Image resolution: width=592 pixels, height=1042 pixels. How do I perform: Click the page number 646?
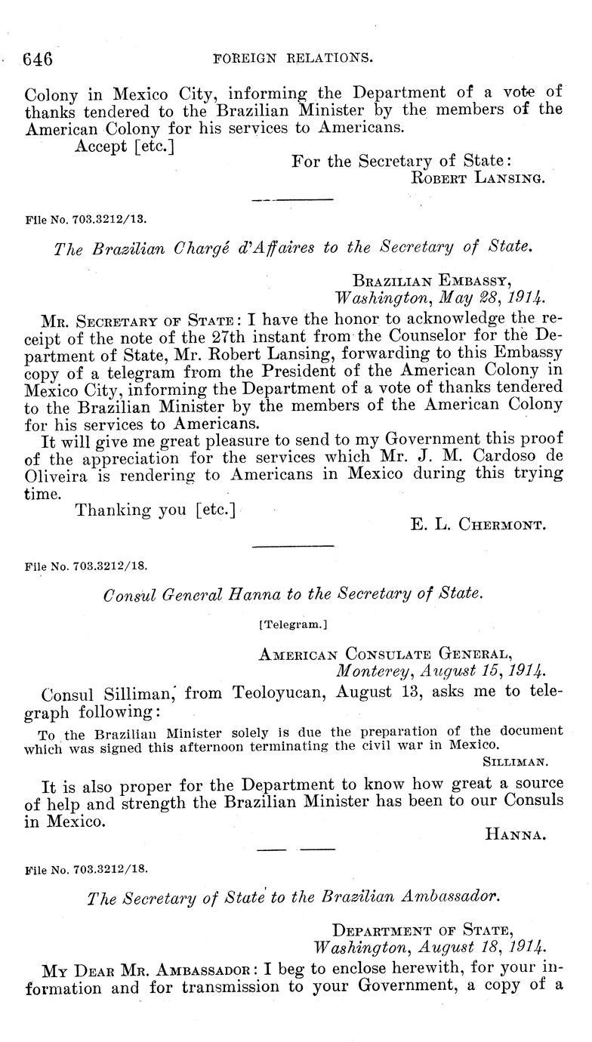pos(37,58)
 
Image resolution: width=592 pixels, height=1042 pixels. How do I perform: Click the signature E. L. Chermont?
pos(478,525)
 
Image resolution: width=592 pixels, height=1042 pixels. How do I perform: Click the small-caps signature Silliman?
pos(528,763)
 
